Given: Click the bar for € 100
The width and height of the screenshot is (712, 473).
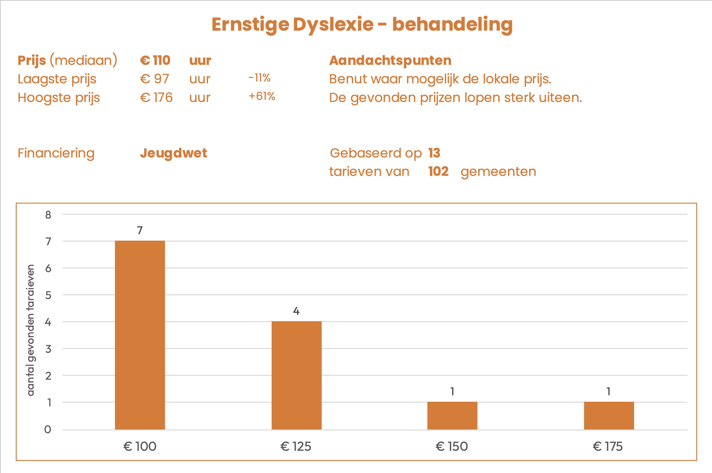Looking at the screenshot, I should (x=140, y=335).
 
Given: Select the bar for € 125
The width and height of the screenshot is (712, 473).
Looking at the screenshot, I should (x=296, y=375).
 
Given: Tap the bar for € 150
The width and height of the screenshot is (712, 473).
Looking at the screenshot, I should (x=452, y=415).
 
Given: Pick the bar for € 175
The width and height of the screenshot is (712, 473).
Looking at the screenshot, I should (x=609, y=415).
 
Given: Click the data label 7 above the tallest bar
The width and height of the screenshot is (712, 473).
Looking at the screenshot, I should (x=140, y=230).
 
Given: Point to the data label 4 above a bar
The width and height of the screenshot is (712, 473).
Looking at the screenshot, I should (x=296, y=311).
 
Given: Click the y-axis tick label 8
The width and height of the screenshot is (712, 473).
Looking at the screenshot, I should (x=48, y=215).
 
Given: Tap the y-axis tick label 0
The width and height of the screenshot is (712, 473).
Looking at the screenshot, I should (x=48, y=429).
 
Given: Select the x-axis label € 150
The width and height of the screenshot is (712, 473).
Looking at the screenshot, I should (x=452, y=447).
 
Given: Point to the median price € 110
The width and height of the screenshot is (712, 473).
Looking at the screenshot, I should (x=155, y=60).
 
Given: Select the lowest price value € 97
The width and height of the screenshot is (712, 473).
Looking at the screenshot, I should (x=154, y=79).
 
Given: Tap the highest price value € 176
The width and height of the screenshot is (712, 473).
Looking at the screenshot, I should (x=156, y=98).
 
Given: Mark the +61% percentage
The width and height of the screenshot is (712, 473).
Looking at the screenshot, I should (x=262, y=96).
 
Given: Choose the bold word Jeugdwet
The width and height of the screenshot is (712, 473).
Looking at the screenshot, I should (x=173, y=153).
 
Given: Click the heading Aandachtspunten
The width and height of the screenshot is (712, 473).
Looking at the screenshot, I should (x=390, y=60).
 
